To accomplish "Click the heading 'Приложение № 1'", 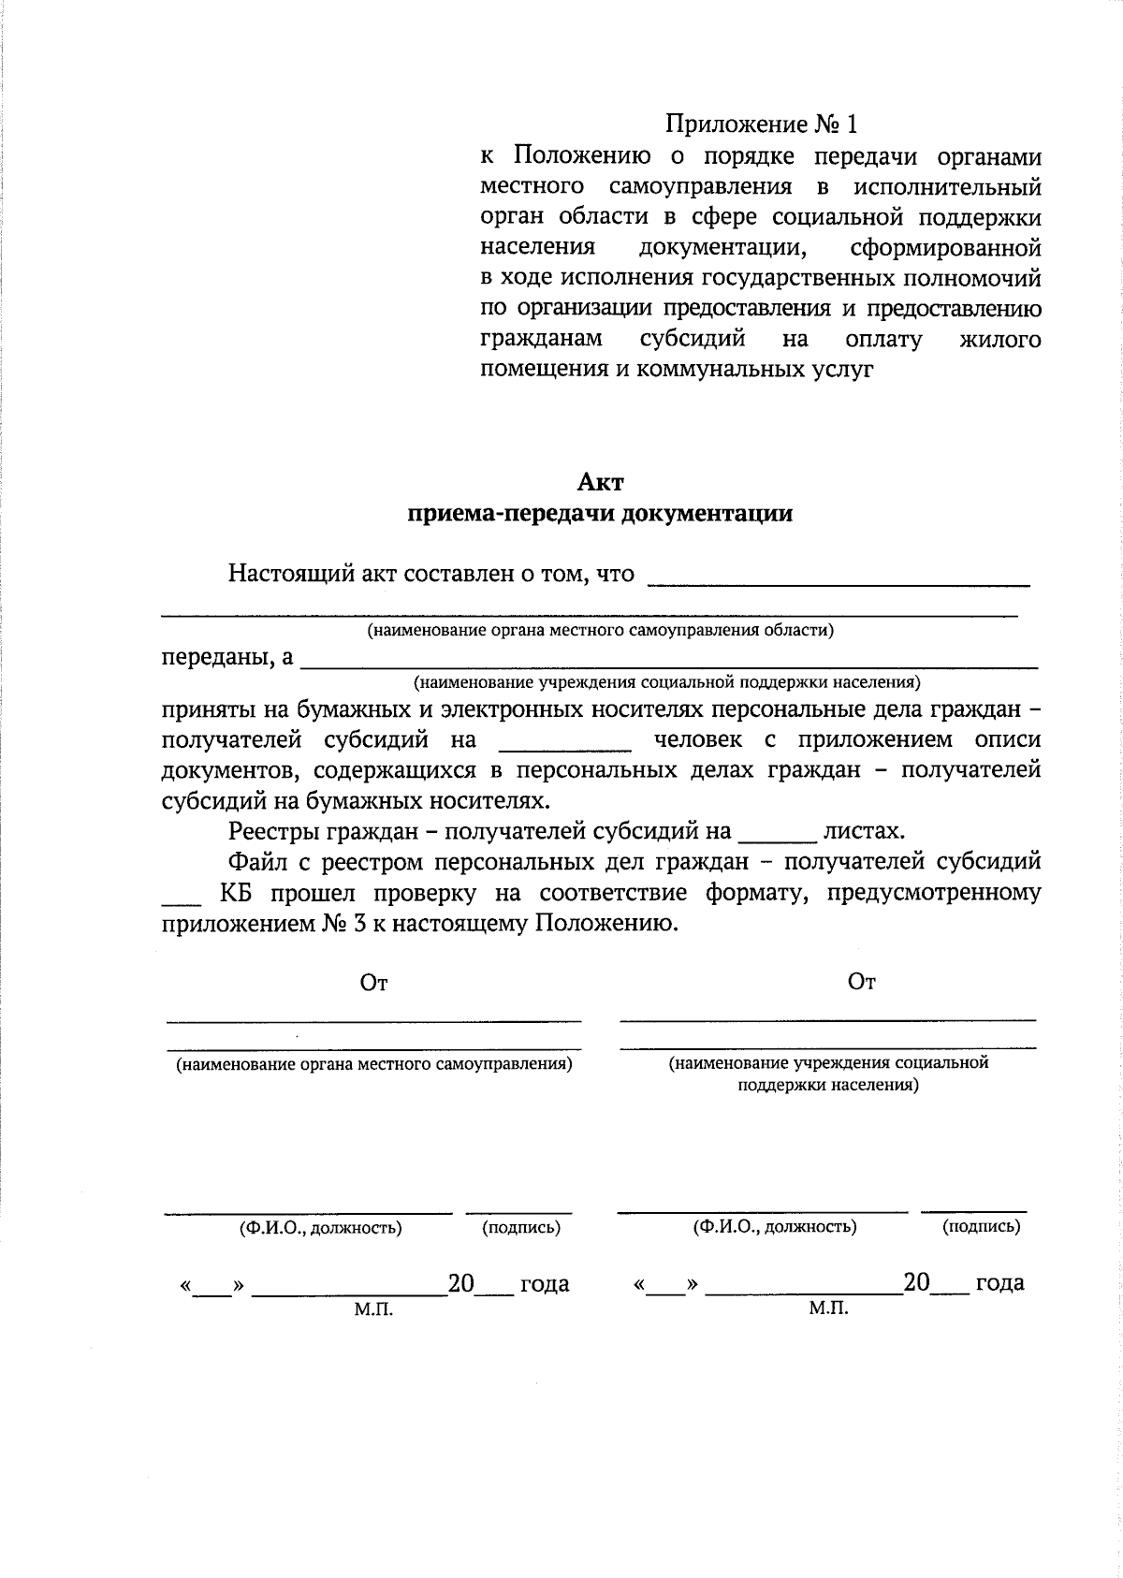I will (x=761, y=124).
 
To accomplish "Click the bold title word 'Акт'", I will (x=599, y=483).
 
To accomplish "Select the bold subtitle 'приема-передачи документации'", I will (x=599, y=514).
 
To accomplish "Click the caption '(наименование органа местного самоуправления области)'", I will (x=600, y=630).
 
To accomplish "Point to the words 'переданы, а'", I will (x=227, y=657).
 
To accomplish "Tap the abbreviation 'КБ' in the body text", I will (x=237, y=892).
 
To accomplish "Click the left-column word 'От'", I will (x=373, y=983).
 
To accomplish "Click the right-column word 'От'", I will (x=861, y=982).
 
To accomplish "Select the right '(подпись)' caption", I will (x=981, y=1226).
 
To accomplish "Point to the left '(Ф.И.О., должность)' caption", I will (x=321, y=1228).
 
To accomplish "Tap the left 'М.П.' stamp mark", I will (x=373, y=1310).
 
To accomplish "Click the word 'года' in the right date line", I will (x=999, y=1282).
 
